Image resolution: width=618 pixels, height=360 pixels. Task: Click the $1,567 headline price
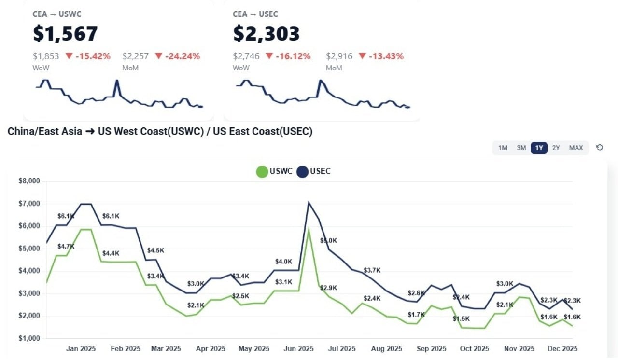pyautogui.click(x=65, y=34)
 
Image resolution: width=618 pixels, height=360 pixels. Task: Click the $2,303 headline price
pyautogui.click(x=266, y=34)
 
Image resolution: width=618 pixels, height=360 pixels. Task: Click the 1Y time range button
pyautogui.click(x=539, y=148)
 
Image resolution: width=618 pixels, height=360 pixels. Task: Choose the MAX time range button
pyautogui.click(x=576, y=148)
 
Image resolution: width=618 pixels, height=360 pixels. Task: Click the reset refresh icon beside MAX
pyautogui.click(x=600, y=148)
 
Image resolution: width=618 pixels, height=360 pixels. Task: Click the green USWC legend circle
pyautogui.click(x=262, y=172)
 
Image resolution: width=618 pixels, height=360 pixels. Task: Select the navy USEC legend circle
pyautogui.click(x=302, y=172)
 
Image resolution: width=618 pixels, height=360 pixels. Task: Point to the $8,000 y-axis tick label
pyautogui.click(x=29, y=181)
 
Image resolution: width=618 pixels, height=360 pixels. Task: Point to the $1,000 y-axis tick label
pyautogui.click(x=29, y=339)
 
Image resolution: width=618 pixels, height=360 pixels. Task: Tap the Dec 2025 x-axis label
pyautogui.click(x=562, y=349)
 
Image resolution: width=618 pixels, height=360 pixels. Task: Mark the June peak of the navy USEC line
pyautogui.click(x=308, y=203)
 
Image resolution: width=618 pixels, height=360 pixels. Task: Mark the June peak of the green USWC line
pyautogui.click(x=308, y=229)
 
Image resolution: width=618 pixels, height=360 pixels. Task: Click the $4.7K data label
pyautogui.click(x=66, y=247)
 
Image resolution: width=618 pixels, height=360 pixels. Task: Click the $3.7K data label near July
pyautogui.click(x=372, y=270)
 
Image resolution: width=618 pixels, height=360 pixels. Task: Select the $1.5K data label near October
pyautogui.click(x=461, y=319)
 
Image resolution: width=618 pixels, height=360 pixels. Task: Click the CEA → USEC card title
pyautogui.click(x=255, y=14)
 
